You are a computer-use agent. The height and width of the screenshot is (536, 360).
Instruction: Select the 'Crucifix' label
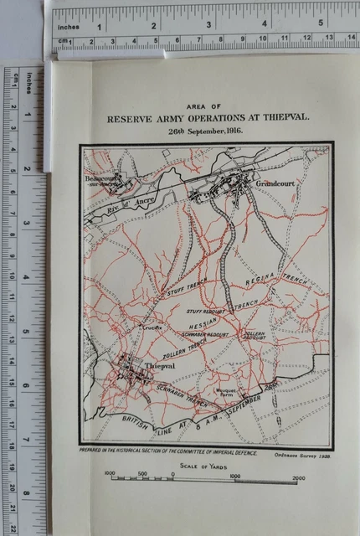pyautogui.click(x=152, y=327)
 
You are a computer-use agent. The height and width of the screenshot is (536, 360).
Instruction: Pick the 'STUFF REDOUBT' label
pyautogui.click(x=204, y=310)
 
